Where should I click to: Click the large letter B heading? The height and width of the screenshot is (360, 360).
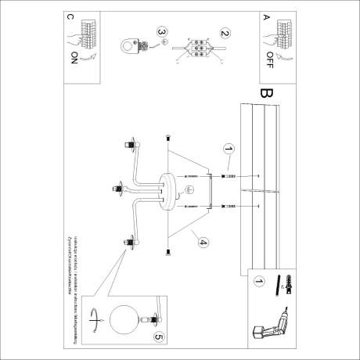pos(267,93)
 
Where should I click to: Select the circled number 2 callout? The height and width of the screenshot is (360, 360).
pos(225,34)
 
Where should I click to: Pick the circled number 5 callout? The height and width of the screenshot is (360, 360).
pos(160,337)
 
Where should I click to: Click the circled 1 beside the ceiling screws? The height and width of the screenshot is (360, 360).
pos(229,147)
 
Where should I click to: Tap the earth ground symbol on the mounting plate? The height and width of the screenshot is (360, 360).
pos(189,188)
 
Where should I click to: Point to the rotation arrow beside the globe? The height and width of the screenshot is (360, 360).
pos(97,319)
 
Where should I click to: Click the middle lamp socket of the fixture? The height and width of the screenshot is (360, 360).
pos(121,188)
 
